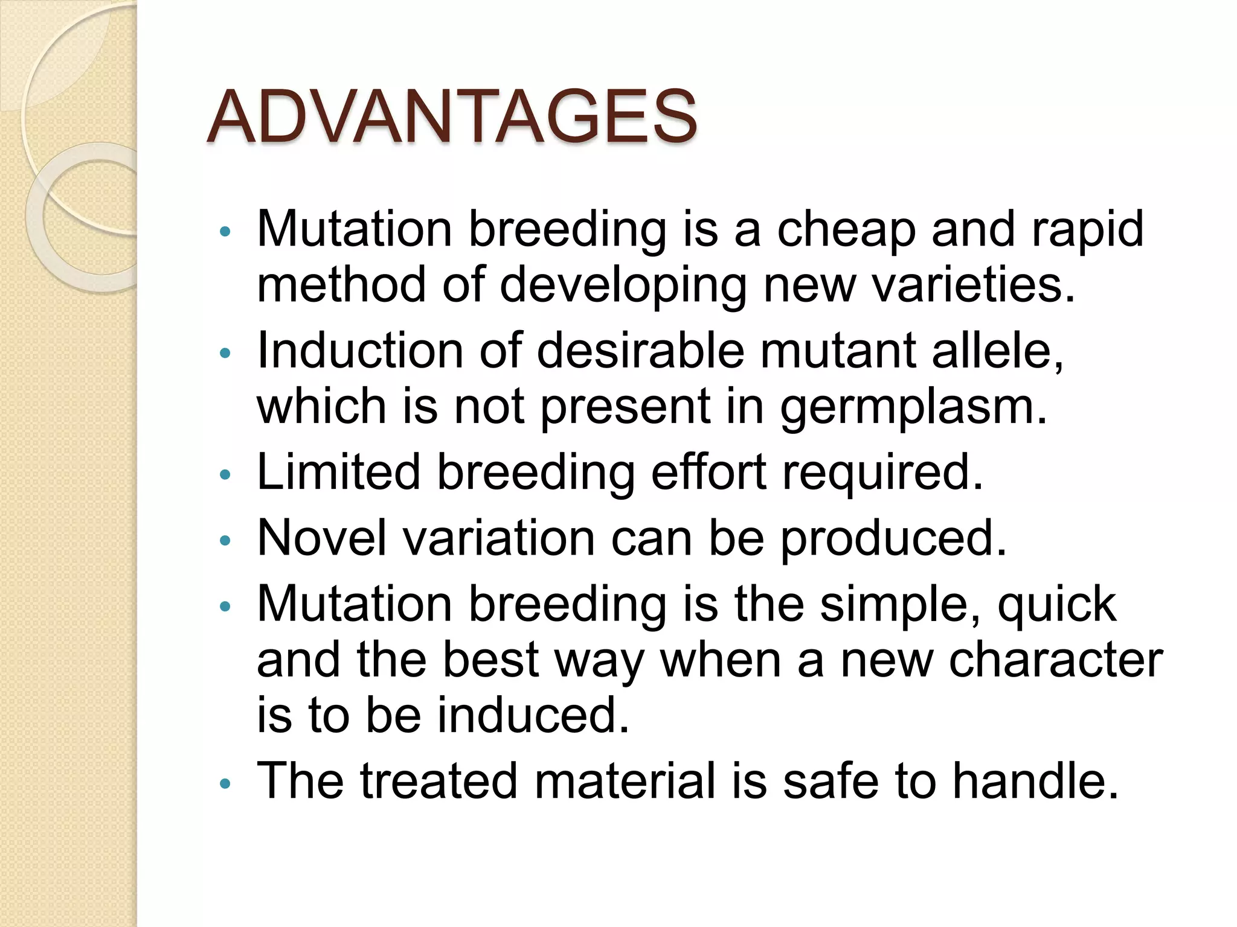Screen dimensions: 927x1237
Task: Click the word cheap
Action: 846,229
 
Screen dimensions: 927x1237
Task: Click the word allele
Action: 997,351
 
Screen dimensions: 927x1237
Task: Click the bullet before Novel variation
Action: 225,541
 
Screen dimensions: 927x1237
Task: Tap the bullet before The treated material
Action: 225,784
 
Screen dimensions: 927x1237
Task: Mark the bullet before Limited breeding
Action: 225,475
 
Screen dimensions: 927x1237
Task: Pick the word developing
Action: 623,285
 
